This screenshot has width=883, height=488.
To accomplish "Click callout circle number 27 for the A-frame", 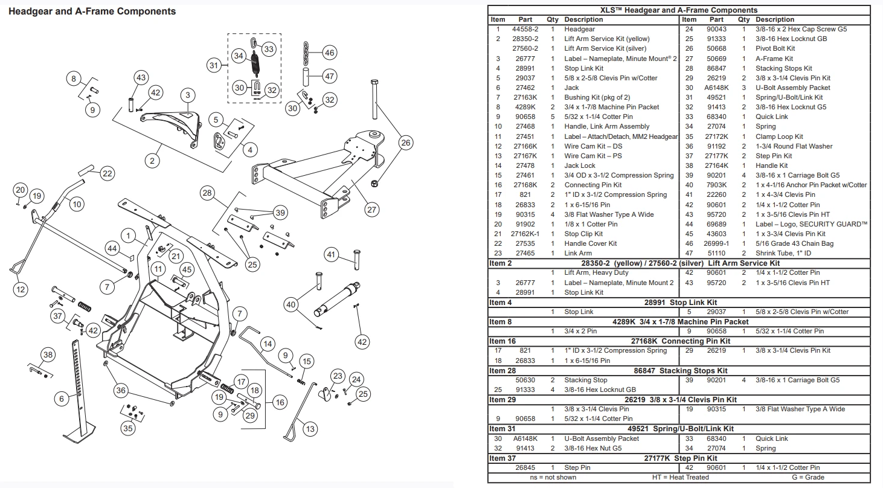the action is [371, 210].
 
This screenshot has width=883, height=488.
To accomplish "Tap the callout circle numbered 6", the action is [62, 399].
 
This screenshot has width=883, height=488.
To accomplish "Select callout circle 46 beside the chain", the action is [329, 53].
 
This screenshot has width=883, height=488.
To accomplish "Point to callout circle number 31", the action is [214, 65].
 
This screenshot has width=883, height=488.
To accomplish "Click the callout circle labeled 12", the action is [21, 290].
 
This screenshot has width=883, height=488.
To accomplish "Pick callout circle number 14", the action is [268, 344].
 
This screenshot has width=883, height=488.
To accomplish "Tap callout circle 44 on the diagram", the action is [112, 248].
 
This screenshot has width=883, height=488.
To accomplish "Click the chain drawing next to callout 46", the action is [306, 53].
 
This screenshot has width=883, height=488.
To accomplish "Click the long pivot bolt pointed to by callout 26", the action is [374, 99].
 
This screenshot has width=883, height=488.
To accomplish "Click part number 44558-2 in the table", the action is [525, 29].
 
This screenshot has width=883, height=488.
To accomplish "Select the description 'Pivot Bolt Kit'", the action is [775, 48].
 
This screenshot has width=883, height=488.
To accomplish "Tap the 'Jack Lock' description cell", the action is [579, 165].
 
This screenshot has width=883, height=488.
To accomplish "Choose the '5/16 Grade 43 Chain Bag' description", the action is [794, 243].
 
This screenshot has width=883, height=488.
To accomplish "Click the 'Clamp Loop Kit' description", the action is [779, 136].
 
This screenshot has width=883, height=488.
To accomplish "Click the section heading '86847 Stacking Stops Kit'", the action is [681, 371].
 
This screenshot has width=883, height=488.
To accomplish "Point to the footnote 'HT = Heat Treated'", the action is [681, 477].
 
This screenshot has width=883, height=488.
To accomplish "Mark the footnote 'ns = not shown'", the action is [553, 477].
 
